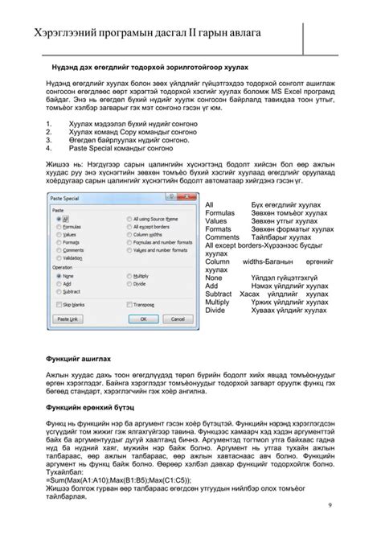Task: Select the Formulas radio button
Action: [x=56, y=227]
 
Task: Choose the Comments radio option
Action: [x=56, y=249]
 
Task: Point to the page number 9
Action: [x=330, y=504]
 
